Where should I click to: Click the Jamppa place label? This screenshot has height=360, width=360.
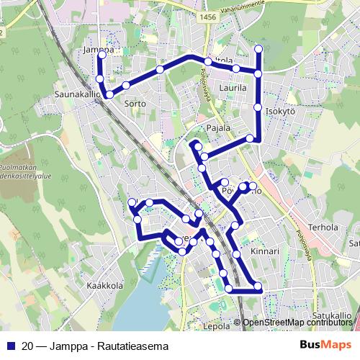click(99, 50)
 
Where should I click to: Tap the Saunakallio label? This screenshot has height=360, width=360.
click(76, 94)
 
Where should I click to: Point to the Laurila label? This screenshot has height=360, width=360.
click(233, 88)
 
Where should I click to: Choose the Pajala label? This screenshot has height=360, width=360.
click(217, 128)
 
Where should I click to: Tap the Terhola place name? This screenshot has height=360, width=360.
click(323, 227)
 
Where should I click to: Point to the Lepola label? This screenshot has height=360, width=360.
click(216, 325)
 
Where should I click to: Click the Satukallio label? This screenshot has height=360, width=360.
click(332, 315)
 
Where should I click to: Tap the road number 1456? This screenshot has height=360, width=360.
click(209, 16)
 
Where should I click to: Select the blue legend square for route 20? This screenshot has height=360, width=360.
click(10, 345)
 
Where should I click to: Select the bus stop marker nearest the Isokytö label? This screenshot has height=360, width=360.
click(258, 107)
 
